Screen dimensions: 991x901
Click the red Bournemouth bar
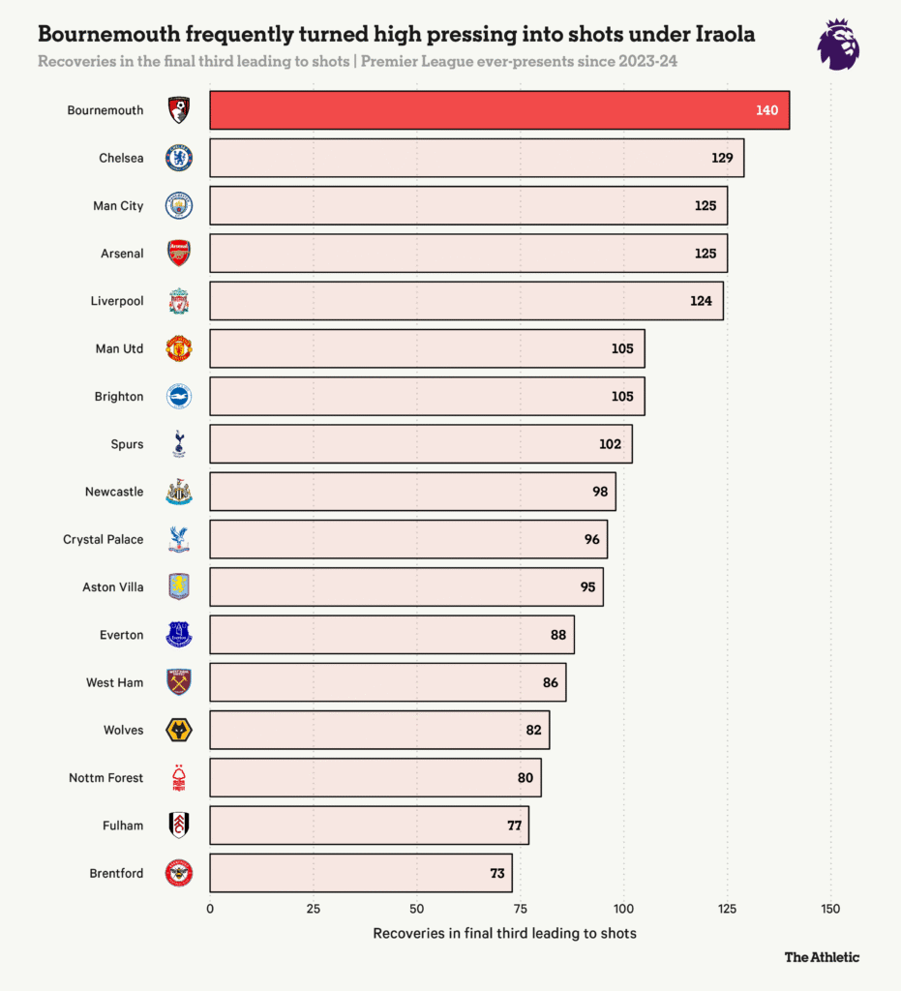(499, 110)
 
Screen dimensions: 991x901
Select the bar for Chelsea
(477, 158)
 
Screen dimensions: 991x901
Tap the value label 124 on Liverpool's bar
(701, 301)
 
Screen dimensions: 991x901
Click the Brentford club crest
(179, 873)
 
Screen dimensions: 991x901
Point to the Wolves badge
(179, 730)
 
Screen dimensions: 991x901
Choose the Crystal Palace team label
(104, 539)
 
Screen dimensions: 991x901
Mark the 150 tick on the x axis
(830, 909)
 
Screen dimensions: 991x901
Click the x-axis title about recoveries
(504, 933)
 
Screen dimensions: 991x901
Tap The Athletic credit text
(822, 957)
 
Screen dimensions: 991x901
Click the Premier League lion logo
(837, 44)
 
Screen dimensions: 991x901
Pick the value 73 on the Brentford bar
(497, 873)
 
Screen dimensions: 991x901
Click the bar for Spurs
(421, 444)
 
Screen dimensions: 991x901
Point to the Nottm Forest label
(106, 777)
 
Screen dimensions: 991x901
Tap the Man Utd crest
(179, 348)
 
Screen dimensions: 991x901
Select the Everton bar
(392, 635)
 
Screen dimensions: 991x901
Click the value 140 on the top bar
(766, 110)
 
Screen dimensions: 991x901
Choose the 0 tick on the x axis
(210, 909)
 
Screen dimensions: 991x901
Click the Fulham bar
(370, 826)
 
